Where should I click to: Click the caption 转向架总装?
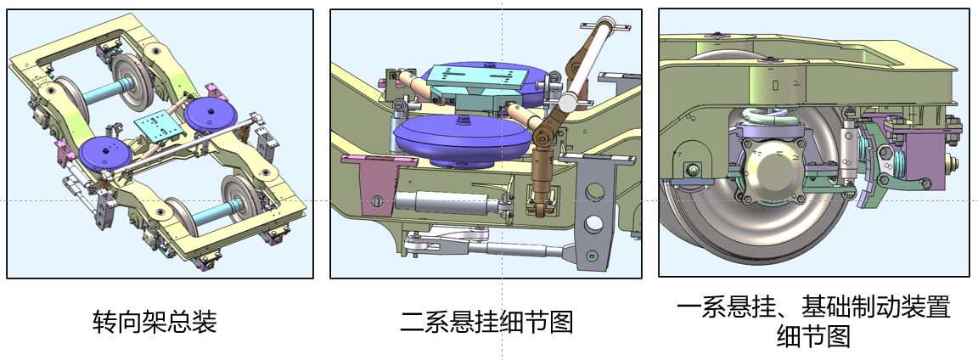pos(154,322)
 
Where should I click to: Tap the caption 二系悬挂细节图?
pos(486,322)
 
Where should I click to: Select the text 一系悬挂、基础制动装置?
pos(813,307)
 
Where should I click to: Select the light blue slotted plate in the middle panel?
pos(481,78)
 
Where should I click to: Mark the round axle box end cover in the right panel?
pos(771,166)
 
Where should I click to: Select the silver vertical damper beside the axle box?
pos(847,149)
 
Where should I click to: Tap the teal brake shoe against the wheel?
pos(868,166)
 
